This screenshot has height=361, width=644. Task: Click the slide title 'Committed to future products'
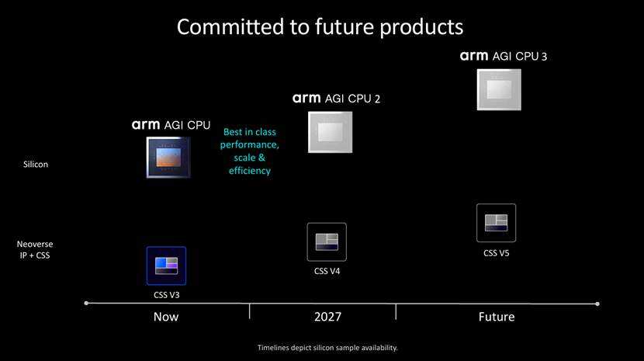(x=320, y=26)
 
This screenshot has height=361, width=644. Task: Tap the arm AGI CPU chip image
(x=168, y=157)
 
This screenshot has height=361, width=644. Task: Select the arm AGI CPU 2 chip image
(x=330, y=133)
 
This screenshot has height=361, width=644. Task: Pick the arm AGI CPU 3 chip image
(x=498, y=88)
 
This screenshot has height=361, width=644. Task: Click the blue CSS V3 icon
(x=166, y=266)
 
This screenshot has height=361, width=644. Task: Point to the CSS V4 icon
(x=327, y=241)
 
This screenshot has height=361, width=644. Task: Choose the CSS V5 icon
(x=496, y=223)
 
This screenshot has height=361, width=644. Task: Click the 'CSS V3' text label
(x=166, y=295)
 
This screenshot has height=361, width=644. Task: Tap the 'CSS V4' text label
(x=327, y=271)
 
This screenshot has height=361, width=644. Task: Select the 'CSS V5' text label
(x=496, y=252)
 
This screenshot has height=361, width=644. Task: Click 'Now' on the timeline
(x=166, y=317)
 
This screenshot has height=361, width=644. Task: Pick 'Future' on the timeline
(x=496, y=317)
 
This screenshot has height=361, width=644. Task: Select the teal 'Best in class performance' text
(x=249, y=151)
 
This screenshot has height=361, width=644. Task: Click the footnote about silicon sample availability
(x=327, y=347)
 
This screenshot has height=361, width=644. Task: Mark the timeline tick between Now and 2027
(x=250, y=311)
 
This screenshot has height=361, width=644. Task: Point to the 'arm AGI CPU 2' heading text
(x=336, y=99)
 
